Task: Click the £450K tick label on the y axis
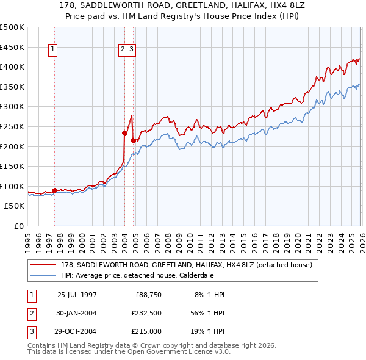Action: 12,47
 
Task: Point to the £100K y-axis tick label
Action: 12,186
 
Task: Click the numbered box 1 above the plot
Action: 53,50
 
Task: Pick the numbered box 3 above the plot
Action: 132,50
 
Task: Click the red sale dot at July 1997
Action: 55,190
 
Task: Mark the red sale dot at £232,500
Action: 124,133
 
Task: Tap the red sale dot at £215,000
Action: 132,140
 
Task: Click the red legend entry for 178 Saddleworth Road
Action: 186,265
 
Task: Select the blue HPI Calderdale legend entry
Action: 145,275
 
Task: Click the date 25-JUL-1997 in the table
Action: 77,295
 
